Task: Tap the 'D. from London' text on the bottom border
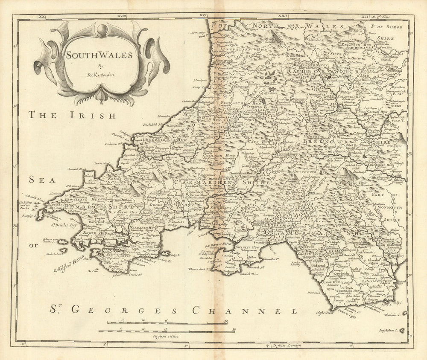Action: point(286,345)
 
